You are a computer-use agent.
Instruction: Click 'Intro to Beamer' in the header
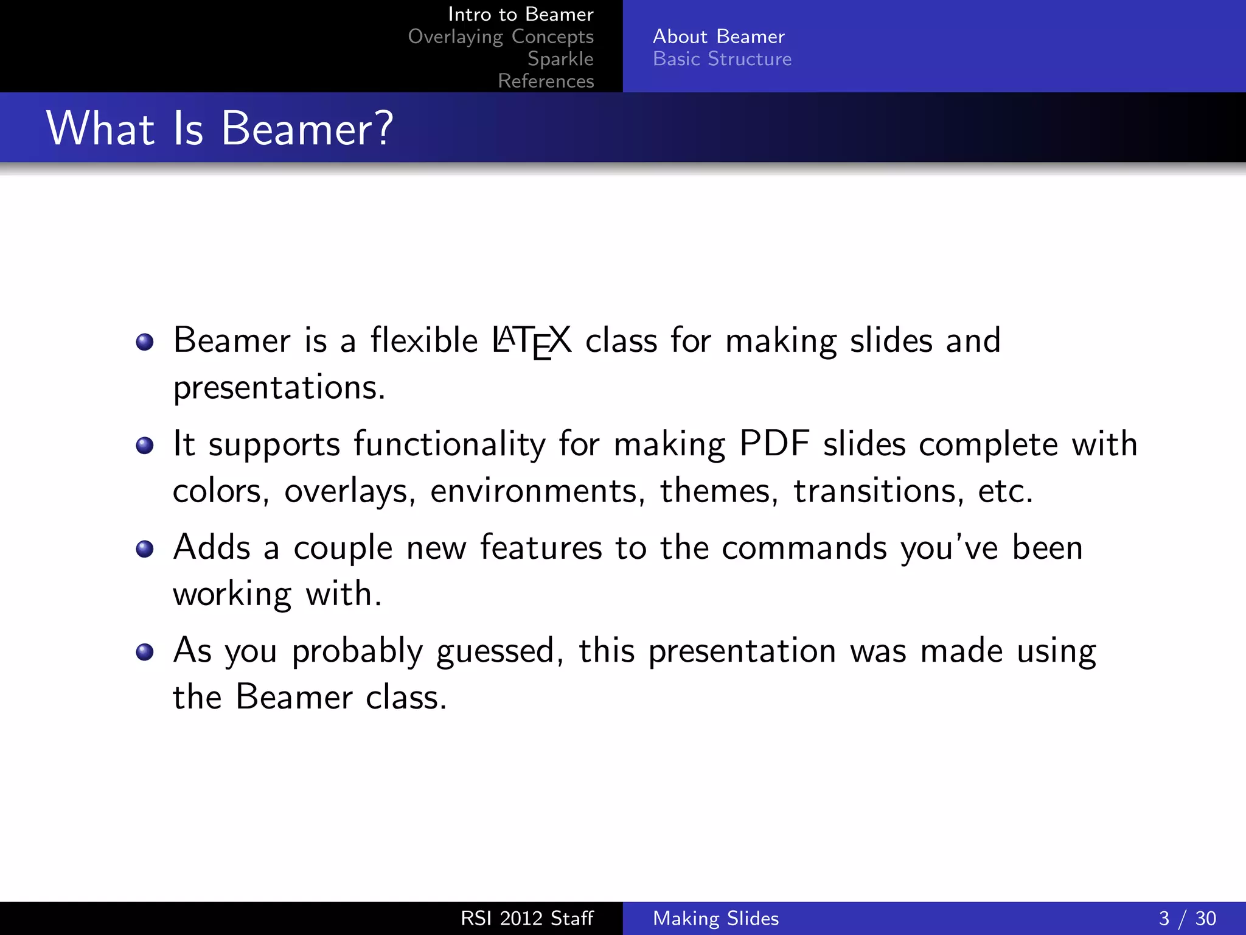coord(520,14)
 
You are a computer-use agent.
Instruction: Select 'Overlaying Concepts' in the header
coord(500,37)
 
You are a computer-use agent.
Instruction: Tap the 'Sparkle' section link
coord(560,58)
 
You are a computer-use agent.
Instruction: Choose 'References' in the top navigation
coord(546,81)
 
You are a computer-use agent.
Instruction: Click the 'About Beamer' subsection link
coord(719,37)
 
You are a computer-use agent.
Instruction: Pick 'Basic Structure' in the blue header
coord(722,59)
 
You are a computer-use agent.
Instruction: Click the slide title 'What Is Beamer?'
coord(220,128)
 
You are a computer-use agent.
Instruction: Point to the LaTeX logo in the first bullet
coord(532,341)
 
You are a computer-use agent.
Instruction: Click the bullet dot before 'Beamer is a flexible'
coord(145,342)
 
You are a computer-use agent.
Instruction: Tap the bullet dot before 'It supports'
coord(145,446)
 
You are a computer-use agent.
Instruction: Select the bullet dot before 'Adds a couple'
coord(145,549)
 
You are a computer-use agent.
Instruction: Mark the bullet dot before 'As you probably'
coord(145,653)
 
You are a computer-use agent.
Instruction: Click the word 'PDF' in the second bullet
coord(774,443)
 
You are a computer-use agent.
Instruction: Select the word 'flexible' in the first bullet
coord(424,340)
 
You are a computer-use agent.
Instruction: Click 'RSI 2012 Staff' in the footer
coord(526,918)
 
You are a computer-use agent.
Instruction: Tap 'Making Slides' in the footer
coord(715,918)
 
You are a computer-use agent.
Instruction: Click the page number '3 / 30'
coord(1187,918)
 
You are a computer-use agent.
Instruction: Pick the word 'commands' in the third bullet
coord(804,547)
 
